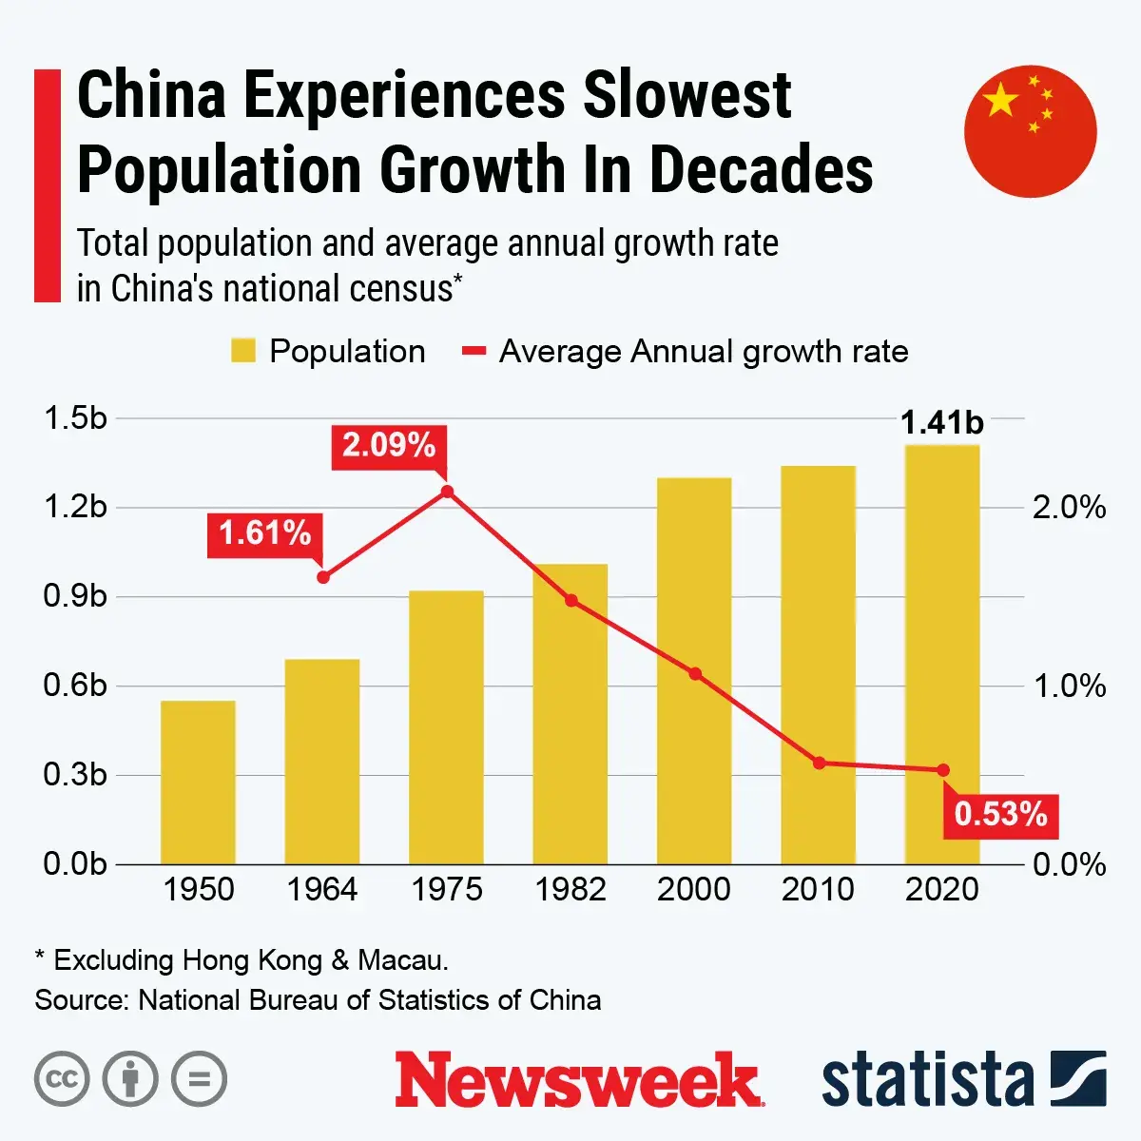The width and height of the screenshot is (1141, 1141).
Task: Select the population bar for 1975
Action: click(446, 727)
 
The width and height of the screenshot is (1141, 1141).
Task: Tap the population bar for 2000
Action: click(694, 670)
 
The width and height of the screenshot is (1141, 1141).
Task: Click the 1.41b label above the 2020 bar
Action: click(941, 422)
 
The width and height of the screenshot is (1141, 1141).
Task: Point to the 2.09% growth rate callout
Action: click(389, 445)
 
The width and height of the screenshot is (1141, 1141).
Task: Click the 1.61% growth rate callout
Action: click(265, 533)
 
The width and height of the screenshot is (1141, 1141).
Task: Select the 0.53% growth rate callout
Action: click(1000, 814)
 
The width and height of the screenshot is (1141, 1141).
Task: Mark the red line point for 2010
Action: click(819, 763)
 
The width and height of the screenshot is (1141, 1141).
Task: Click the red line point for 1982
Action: click(571, 601)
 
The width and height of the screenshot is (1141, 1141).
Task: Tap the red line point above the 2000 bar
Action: click(695, 674)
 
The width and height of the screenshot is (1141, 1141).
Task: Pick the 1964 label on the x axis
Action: click(322, 890)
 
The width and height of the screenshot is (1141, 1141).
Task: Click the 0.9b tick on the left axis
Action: click(75, 596)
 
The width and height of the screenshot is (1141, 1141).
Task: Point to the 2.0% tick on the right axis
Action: click(1070, 508)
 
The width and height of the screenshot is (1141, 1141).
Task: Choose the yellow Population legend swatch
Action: click(243, 352)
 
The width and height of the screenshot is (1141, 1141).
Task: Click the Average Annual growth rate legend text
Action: click(704, 352)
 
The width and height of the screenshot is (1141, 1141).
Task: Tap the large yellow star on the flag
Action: click(1000, 100)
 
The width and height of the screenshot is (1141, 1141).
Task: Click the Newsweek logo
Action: click(579, 1080)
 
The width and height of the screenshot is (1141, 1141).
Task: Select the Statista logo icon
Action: click(1077, 1079)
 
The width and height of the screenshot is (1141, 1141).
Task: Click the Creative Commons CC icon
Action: click(62, 1079)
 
